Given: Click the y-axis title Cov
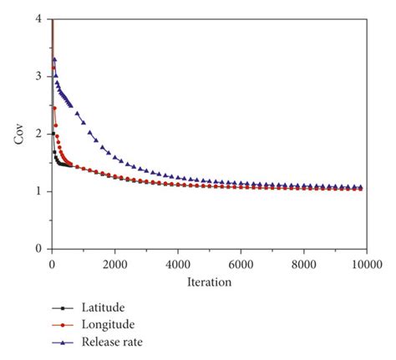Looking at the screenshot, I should pos(19,134).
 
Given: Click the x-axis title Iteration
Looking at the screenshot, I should pos(208,281).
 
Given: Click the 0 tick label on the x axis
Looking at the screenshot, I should pos(52,263).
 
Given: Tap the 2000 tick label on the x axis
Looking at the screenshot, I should pos(114,263).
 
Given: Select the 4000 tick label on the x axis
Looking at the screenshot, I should pos(177,263).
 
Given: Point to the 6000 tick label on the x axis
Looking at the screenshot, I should pos(240,263).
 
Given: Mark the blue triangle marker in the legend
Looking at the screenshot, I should pos(60,342).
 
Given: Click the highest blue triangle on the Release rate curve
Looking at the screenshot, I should pos(54,59).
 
